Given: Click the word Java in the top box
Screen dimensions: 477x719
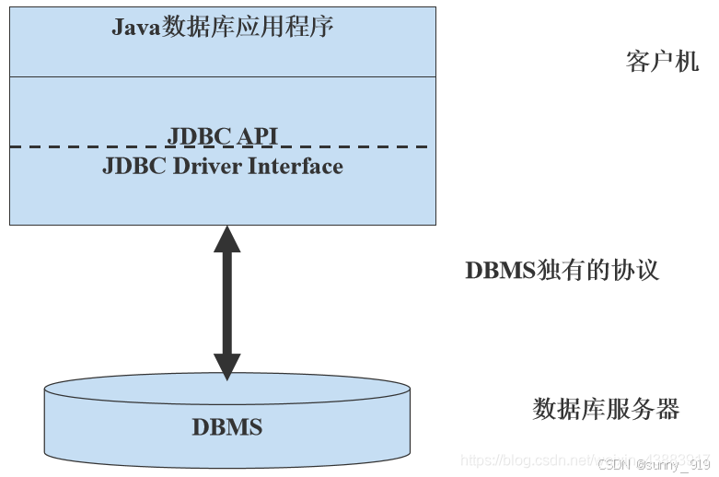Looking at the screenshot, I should tap(136, 27).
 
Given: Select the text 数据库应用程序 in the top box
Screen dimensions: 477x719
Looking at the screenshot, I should tap(248, 27).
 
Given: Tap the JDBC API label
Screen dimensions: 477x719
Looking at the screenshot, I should tap(222, 136).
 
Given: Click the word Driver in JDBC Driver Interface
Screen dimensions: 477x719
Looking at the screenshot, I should tap(203, 167).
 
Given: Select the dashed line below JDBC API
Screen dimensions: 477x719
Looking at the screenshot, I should tap(92, 146).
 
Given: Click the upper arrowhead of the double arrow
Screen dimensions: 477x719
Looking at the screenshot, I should tap(226, 239).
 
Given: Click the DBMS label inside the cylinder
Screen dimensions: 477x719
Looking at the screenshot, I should tap(226, 427).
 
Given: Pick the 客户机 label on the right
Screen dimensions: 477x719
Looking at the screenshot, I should tap(662, 62).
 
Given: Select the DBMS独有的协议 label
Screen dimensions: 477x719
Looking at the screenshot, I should tap(562, 271).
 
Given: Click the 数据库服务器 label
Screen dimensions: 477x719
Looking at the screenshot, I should tap(606, 409).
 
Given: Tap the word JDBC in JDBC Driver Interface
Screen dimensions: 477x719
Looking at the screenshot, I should tap(133, 167).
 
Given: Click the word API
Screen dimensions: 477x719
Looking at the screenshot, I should tap(258, 136).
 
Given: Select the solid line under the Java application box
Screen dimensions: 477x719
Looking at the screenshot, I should tap(222, 76).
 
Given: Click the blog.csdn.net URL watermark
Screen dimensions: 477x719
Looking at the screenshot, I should tap(552, 460).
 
